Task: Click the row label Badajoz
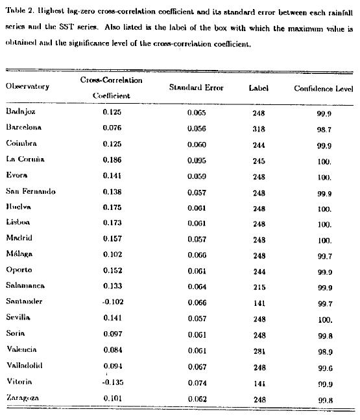[21, 112]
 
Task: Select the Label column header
[258, 87]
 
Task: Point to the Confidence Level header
[323, 87]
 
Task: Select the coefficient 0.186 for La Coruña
[112, 159]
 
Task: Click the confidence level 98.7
[325, 128]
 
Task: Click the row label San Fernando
[30, 191]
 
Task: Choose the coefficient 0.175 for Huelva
[112, 207]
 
